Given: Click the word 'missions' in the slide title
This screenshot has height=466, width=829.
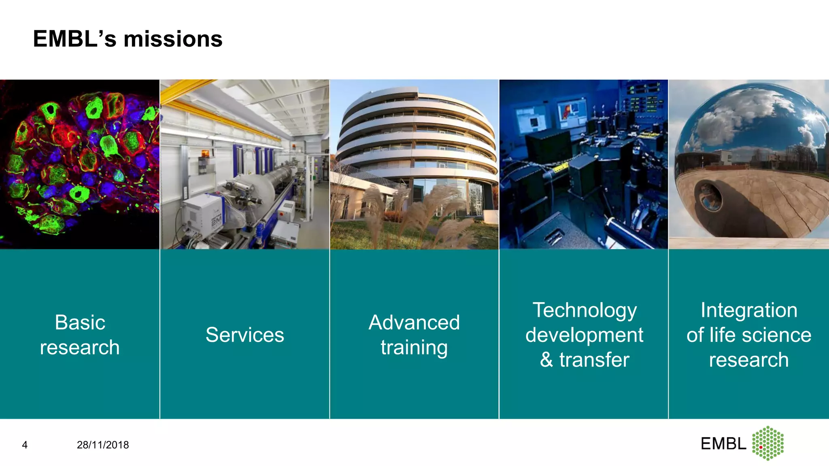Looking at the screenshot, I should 173,39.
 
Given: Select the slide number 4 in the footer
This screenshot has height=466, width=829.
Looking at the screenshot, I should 25,445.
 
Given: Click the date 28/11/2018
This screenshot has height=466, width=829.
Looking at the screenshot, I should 103,445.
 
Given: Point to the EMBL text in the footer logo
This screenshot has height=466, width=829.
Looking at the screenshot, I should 723,444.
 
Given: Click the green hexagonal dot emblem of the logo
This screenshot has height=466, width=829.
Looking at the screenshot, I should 768,443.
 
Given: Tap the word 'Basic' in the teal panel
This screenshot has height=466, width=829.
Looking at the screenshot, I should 80,322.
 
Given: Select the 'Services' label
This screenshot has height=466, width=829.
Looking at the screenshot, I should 244,335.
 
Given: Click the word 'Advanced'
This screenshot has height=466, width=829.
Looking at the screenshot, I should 414,322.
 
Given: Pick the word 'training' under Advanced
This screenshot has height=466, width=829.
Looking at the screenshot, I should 414,347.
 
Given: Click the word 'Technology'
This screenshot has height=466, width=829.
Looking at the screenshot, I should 585,310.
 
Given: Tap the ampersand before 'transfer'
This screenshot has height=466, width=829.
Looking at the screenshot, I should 546,360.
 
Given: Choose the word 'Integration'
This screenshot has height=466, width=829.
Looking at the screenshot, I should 749,310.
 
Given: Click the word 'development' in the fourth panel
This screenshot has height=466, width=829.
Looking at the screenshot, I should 585,335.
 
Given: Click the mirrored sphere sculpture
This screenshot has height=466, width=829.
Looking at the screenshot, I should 751,162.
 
